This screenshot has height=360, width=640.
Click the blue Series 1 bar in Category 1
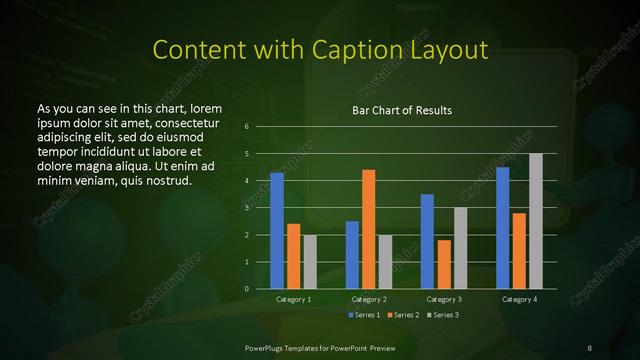point(277,231)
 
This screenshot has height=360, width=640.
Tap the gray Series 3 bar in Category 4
point(535,221)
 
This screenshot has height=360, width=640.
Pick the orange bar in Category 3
point(443,264)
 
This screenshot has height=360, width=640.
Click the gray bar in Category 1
point(310,262)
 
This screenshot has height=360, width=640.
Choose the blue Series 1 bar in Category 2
point(352,255)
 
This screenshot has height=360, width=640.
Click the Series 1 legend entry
point(364,315)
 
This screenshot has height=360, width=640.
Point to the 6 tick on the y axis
point(247,127)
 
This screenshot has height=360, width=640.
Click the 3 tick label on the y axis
point(247,208)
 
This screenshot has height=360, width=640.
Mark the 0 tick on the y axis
point(247,289)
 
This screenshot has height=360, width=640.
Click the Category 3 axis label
point(443,299)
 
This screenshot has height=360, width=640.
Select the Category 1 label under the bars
point(294,299)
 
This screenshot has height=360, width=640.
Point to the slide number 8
point(590,347)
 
